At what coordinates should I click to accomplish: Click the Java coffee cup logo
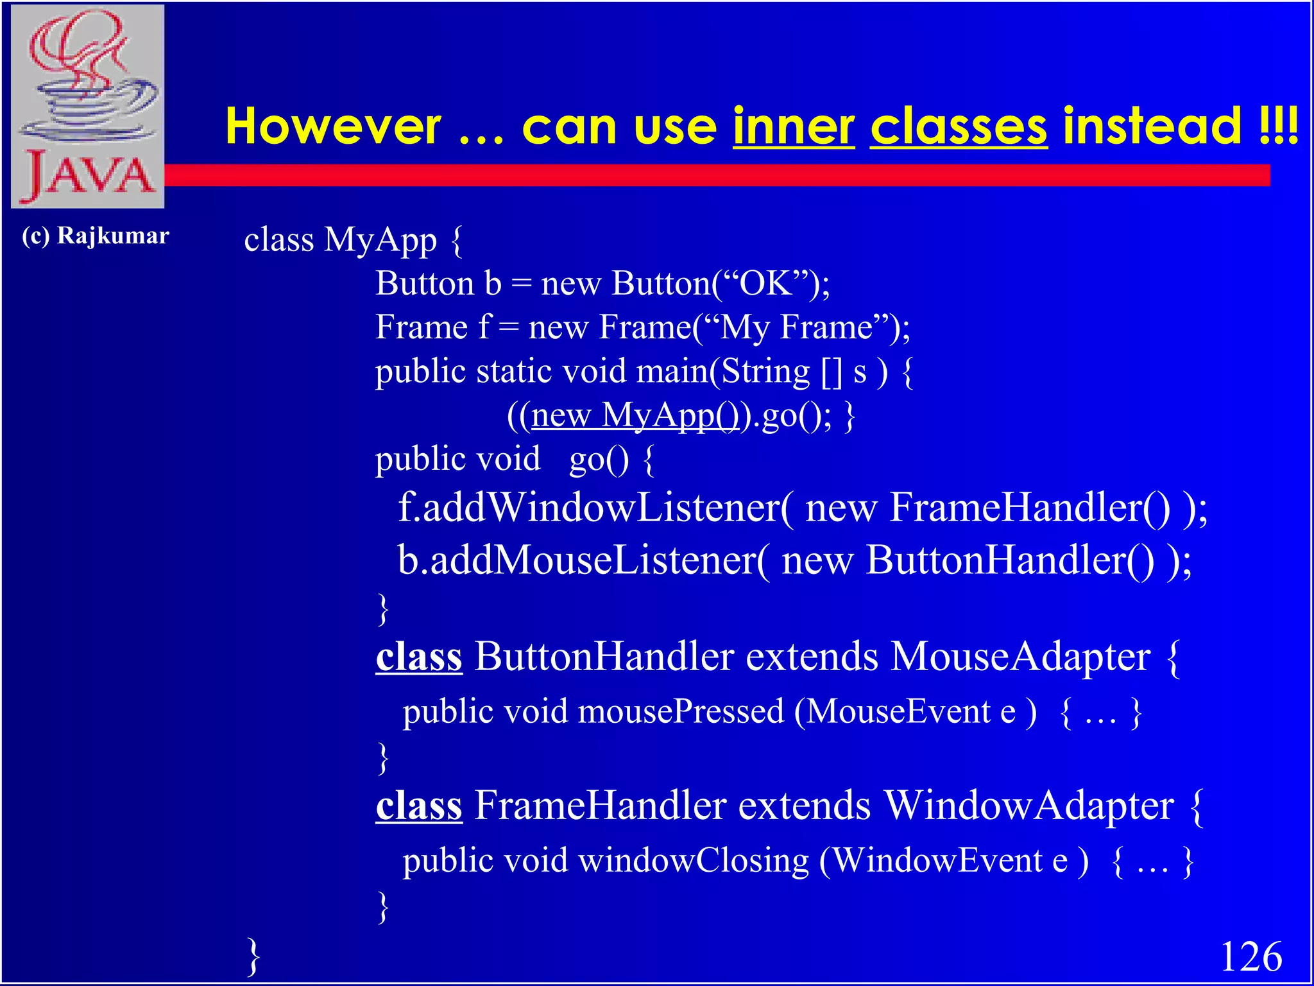88,106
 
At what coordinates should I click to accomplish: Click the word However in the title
333,126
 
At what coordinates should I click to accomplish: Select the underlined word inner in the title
794,126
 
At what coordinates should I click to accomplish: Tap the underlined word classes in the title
959,126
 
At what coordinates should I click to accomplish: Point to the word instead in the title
1152,126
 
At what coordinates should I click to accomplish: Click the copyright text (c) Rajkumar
96,236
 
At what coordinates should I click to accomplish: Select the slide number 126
1250,956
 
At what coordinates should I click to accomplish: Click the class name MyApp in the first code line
380,240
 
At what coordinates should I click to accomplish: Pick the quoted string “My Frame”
796,327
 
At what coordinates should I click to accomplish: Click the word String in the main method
765,371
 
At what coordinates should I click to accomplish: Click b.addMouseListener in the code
577,560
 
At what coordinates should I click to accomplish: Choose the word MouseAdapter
1021,657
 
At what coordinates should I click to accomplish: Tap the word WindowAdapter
1029,805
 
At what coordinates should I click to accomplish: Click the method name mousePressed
681,711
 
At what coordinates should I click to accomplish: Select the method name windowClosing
694,860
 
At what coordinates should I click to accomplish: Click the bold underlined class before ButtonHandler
419,657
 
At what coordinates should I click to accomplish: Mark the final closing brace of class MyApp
254,956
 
